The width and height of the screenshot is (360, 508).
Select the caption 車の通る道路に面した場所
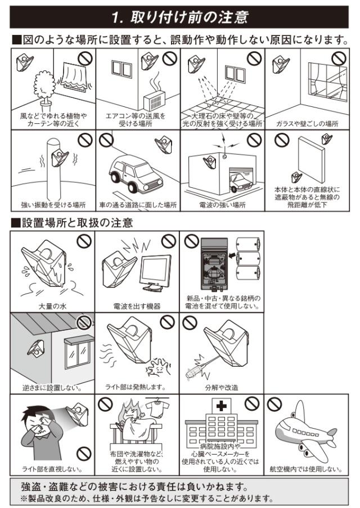[x=138, y=205]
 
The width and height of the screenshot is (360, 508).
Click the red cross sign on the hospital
[x=221, y=406]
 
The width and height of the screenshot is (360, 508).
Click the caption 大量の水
[x=52, y=306]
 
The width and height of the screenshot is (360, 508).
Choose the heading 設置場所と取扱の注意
[x=77, y=223]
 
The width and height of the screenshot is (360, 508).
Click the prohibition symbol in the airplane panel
[x=274, y=404]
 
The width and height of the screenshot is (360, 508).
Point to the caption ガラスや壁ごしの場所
[x=307, y=124]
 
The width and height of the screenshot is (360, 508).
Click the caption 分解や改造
[x=222, y=388]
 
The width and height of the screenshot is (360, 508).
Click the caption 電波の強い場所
[x=222, y=205]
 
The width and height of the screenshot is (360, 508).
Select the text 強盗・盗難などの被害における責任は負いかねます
[x=135, y=487]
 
